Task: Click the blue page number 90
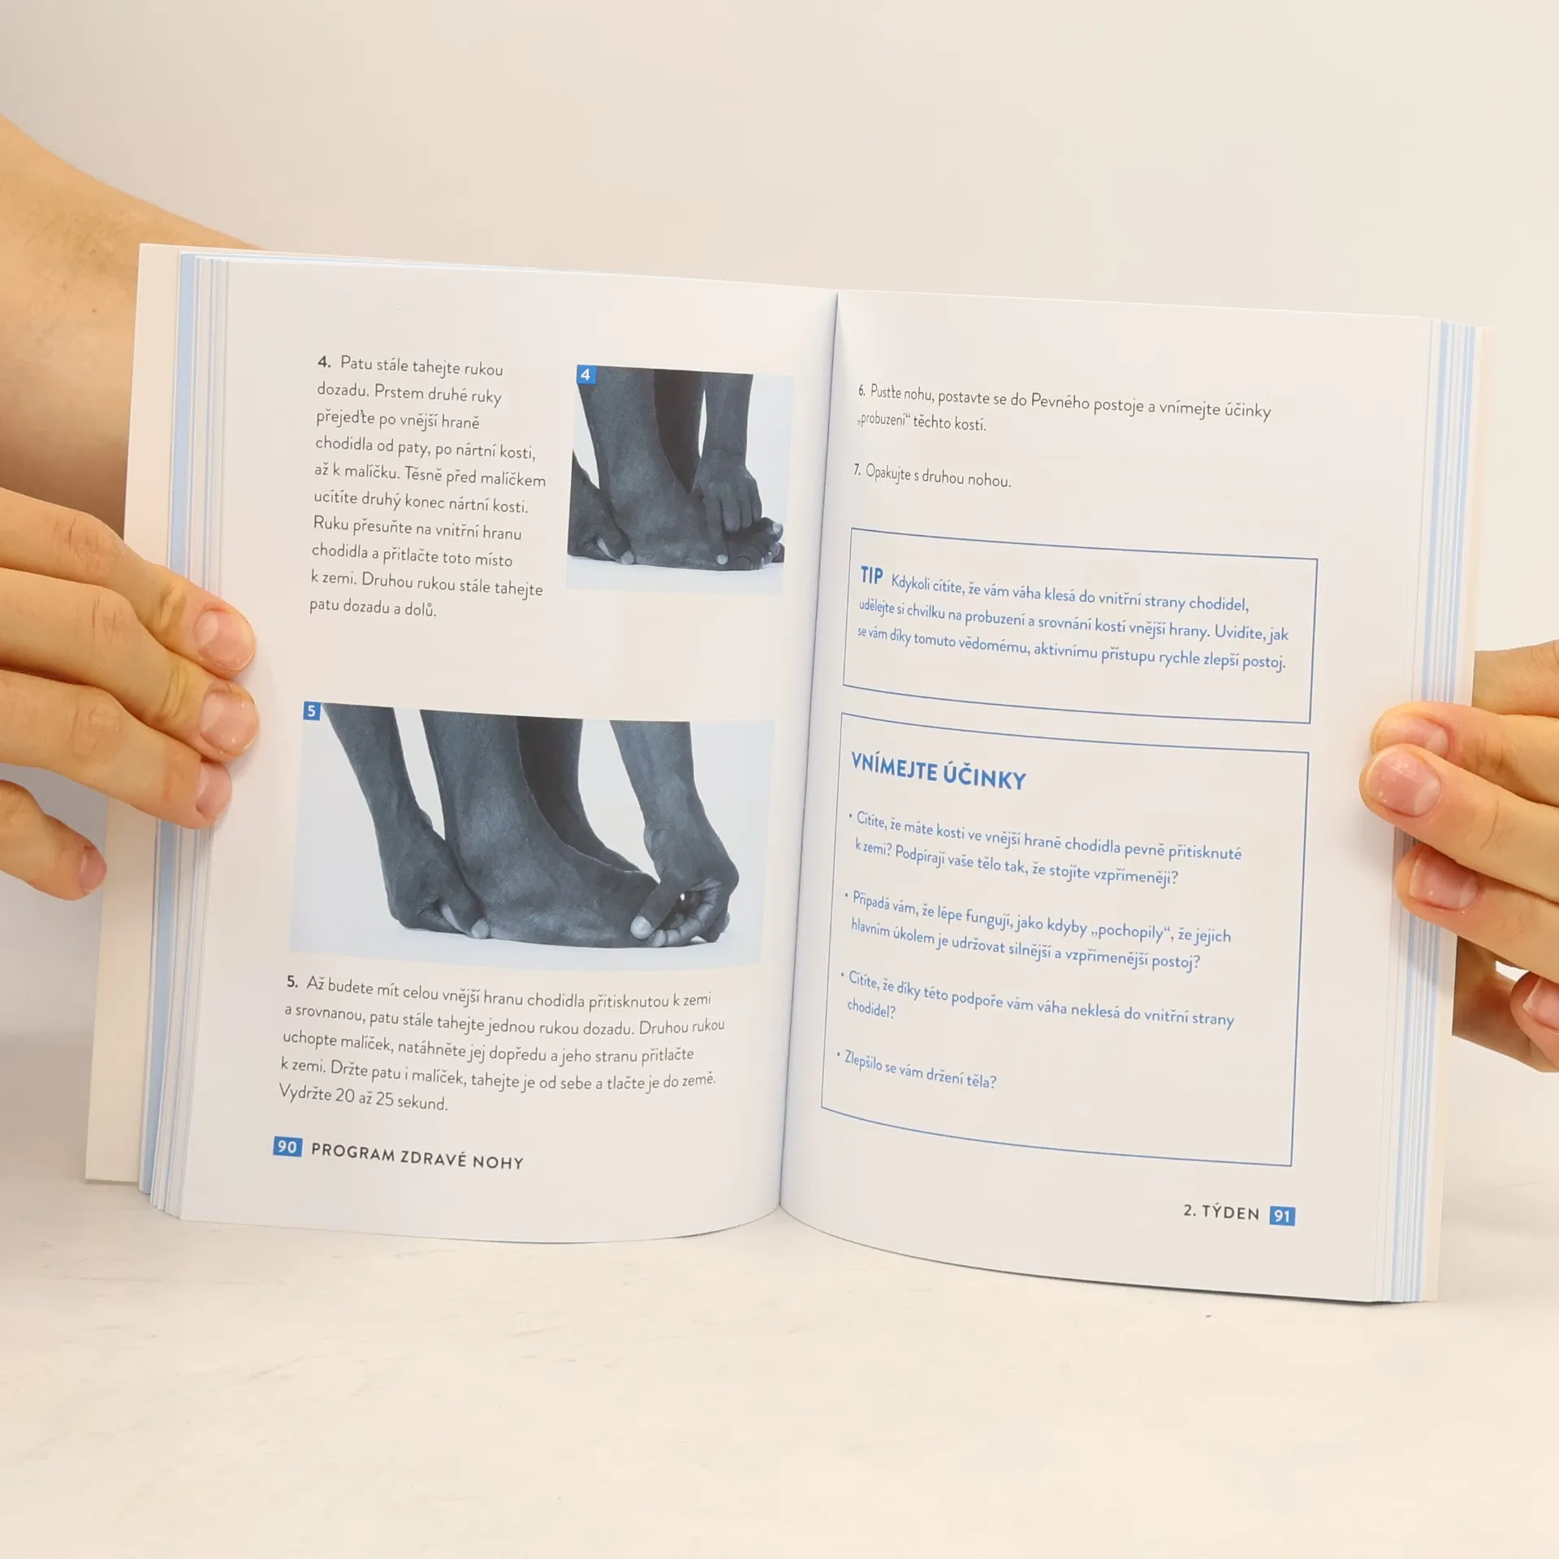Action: point(287,1147)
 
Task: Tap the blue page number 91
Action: point(1282,1216)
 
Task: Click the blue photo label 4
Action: point(585,374)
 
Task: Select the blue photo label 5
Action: point(312,711)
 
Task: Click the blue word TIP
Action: point(871,576)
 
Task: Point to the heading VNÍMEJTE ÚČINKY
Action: point(939,772)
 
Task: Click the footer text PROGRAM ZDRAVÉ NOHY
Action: point(417,1156)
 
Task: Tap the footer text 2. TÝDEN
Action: point(1221,1211)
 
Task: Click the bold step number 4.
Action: point(324,361)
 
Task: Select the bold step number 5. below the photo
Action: point(292,982)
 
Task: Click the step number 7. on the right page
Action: point(857,470)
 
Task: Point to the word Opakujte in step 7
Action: point(888,473)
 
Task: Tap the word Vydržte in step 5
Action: point(305,1092)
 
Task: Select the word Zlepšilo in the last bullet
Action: point(863,1061)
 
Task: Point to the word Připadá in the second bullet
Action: point(871,903)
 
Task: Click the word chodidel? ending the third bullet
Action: point(871,1009)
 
